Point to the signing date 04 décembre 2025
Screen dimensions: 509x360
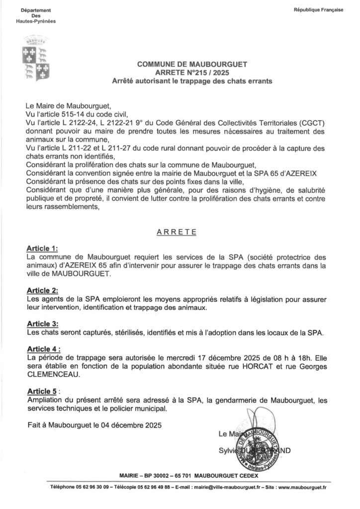tap(130, 425)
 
